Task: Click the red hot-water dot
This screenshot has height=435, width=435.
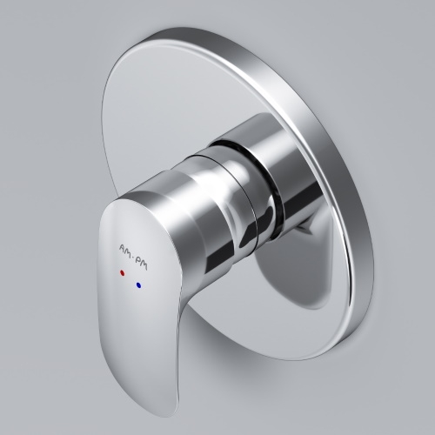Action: tap(122, 273)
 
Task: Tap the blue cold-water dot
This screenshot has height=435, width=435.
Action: tap(138, 285)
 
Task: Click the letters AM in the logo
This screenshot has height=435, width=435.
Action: tap(127, 249)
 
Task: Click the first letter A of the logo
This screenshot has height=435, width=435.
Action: tap(123, 247)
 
